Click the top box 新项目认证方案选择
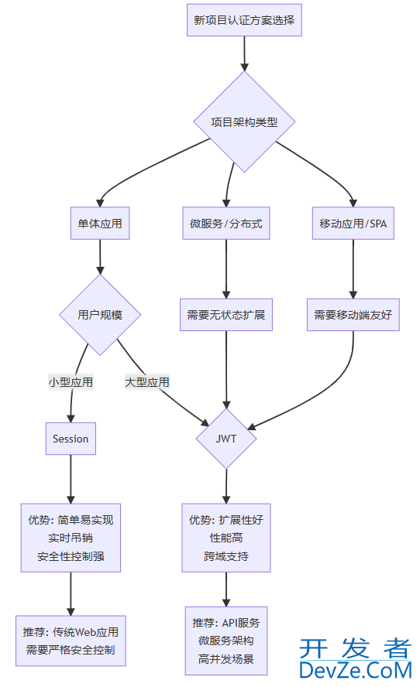click(x=244, y=20)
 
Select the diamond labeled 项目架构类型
click(x=244, y=121)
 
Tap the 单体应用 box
click(x=99, y=224)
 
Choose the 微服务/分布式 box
click(x=225, y=224)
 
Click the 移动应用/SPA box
click(x=353, y=224)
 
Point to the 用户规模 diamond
click(x=99, y=315)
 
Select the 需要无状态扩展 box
click(x=225, y=315)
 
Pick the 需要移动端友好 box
click(x=353, y=315)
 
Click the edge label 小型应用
click(x=71, y=381)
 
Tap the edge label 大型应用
click(x=147, y=381)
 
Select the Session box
click(x=71, y=439)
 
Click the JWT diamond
click(x=225, y=439)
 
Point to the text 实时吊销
click(x=71, y=538)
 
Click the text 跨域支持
click(x=226, y=556)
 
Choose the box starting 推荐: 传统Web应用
click(x=71, y=641)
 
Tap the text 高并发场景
click(x=226, y=659)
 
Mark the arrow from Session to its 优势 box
click(x=71, y=479)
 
